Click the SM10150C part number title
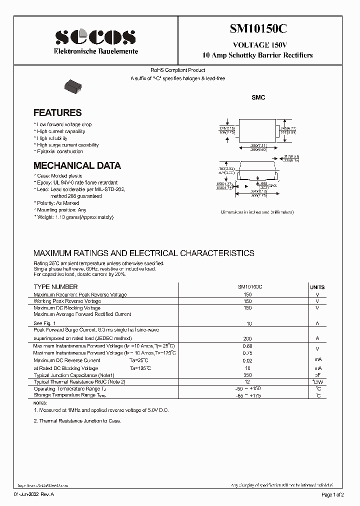pyautogui.click(x=258, y=29)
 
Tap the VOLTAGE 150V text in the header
pyautogui.click(x=258, y=44)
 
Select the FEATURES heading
pyautogui.click(x=57, y=113)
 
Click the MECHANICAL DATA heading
pyautogui.click(x=77, y=165)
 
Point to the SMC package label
pyautogui.click(x=258, y=98)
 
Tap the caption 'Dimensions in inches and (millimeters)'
pyautogui.click(x=257, y=212)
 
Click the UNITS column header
pyautogui.click(x=317, y=287)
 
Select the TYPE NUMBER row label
pyautogui.click(x=55, y=287)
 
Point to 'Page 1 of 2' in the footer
pyautogui.click(x=331, y=495)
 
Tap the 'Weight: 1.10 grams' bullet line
pyautogui.click(x=74, y=217)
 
